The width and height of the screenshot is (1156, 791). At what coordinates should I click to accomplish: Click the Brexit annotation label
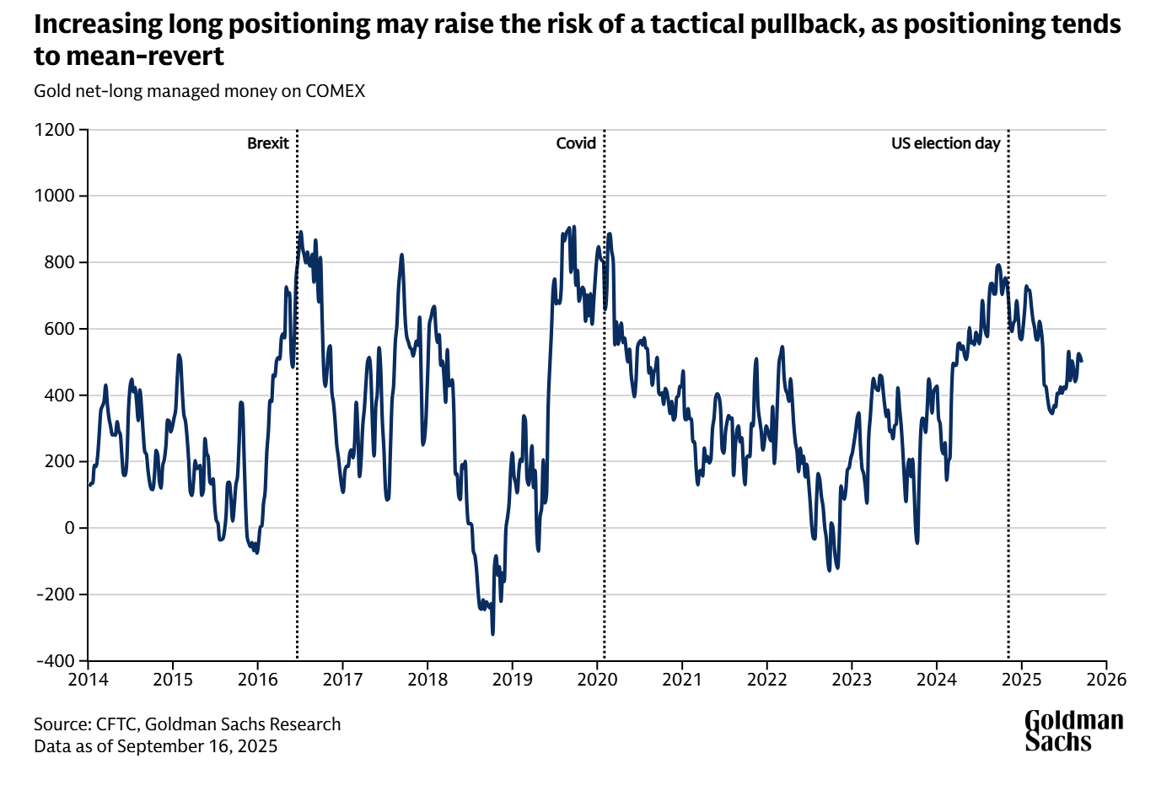pos(267,143)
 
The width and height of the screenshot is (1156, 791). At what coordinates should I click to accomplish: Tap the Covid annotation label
pos(576,143)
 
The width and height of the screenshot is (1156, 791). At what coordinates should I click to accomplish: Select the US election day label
pos(945,143)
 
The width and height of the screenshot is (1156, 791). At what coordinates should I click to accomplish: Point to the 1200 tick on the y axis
pos(55,130)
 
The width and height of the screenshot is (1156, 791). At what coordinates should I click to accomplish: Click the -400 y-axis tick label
pos(55,661)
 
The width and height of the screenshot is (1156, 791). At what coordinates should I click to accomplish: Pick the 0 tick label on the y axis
pos(70,528)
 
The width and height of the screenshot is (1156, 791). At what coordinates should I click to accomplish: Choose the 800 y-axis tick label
pos(60,262)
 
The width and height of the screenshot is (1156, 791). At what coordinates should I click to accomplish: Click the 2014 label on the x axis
pos(89,679)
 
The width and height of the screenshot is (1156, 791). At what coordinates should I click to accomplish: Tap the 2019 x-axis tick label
pos(513,679)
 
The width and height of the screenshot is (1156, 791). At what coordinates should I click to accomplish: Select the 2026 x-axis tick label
pos(1105,679)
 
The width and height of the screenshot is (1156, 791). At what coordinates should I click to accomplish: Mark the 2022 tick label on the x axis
pos(766,679)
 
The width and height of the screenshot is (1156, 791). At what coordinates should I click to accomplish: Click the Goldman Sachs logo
pos(1073,730)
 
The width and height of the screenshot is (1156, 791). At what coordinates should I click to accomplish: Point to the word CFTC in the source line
pos(116,724)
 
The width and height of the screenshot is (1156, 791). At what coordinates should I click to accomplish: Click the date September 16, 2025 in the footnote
pos(197,746)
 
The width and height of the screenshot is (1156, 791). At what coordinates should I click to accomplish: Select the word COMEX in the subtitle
pos(335,91)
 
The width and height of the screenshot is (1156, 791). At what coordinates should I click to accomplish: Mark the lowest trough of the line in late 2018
pos(492,633)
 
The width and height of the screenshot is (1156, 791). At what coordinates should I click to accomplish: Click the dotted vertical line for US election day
pos(1008,422)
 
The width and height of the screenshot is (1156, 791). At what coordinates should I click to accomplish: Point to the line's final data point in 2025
pos(1082,361)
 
